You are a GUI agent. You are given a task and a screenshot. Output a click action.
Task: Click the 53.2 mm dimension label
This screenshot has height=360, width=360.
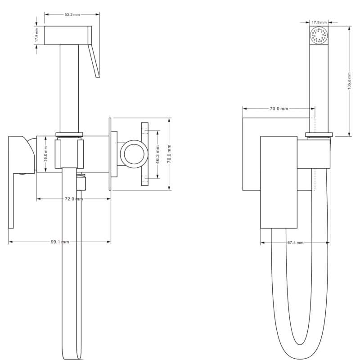click(x=72, y=14)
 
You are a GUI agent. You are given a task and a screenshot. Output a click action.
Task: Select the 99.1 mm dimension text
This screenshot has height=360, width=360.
click(x=60, y=242)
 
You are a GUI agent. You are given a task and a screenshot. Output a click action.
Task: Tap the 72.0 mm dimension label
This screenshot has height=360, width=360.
click(x=74, y=198)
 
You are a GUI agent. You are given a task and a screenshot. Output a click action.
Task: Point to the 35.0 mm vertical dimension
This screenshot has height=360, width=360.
click(x=45, y=154)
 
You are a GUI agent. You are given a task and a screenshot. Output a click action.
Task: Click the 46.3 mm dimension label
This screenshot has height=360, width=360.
click(x=158, y=154)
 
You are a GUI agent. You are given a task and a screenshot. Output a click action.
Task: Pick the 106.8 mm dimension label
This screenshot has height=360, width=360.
click(x=349, y=81)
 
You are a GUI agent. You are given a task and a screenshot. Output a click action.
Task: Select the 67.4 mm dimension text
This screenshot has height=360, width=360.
click(x=296, y=243)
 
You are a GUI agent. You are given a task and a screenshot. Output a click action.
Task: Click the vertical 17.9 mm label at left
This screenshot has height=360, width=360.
click(x=36, y=35)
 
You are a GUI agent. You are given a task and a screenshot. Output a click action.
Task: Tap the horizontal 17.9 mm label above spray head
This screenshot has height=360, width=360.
click(x=319, y=22)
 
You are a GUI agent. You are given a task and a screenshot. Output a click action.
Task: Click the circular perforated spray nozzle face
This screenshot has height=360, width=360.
click(x=319, y=36)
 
